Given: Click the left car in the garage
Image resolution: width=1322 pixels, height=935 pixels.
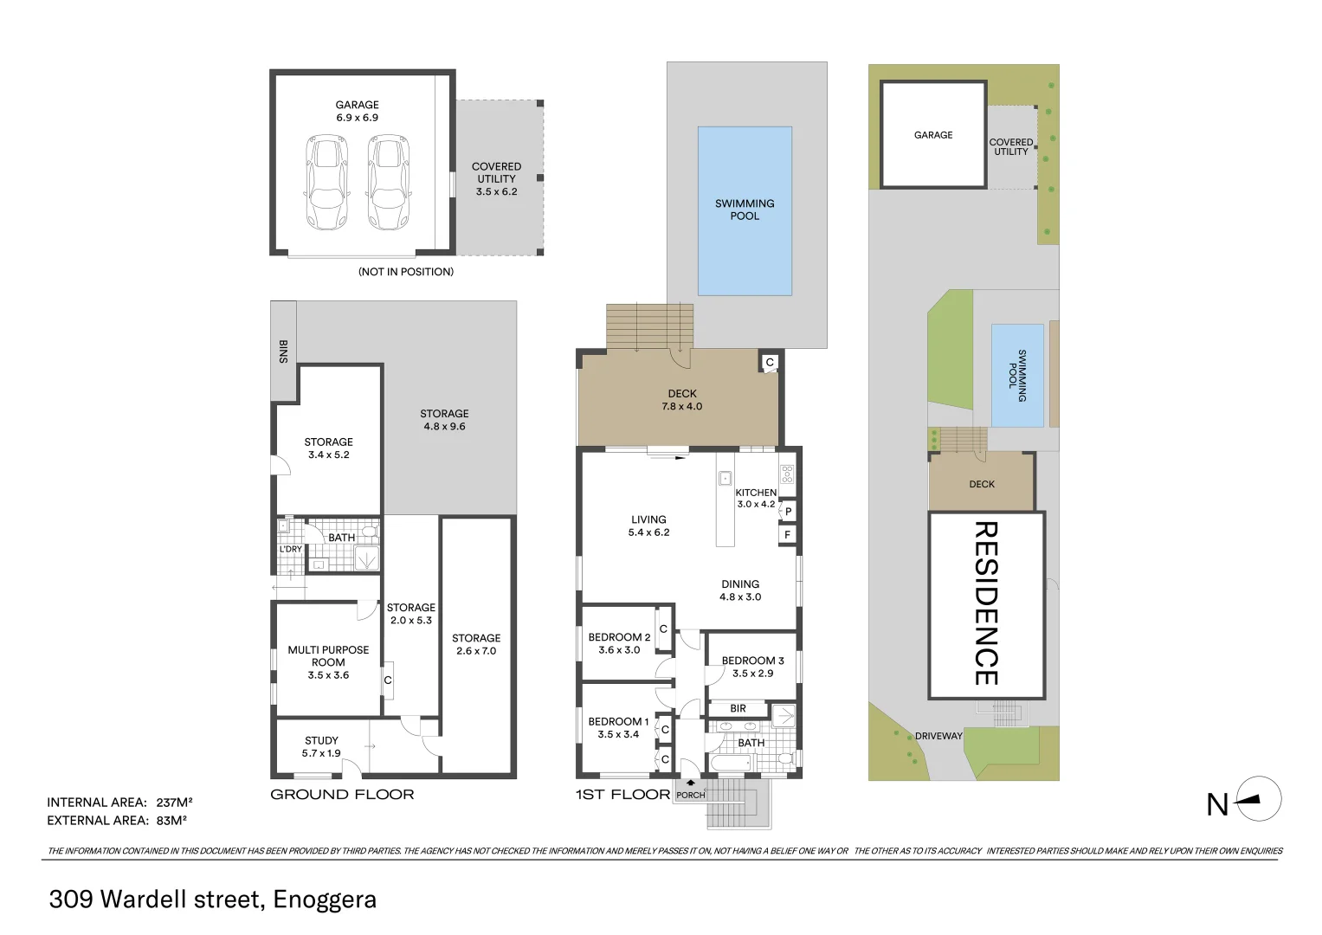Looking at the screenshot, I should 327,182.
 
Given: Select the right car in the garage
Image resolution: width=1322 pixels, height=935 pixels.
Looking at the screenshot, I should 387,182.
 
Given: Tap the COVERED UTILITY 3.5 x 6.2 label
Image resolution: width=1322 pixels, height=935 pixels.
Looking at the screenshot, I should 496,179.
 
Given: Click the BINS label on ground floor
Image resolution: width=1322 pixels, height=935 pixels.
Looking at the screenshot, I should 283,351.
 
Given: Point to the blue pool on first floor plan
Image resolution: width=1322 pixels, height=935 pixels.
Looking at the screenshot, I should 745,211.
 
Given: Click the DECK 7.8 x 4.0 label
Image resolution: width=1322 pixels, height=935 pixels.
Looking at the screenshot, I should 682,400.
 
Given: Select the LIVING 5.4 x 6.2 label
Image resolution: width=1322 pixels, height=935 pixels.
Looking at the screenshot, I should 648,526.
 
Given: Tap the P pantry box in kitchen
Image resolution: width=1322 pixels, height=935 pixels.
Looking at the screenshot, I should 788,512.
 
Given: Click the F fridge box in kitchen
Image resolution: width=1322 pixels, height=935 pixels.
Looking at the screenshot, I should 787,535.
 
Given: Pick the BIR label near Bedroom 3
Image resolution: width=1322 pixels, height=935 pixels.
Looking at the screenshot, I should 738,708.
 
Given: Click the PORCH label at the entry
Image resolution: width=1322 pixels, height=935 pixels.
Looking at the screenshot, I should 690,795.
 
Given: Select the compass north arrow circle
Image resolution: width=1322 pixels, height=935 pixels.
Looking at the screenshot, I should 1259,799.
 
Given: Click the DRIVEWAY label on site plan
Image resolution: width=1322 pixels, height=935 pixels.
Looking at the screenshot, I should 938,736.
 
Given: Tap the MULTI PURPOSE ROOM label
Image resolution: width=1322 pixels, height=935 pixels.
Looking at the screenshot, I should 328,662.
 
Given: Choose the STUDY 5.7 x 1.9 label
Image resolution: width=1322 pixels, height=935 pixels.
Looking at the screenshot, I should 321,747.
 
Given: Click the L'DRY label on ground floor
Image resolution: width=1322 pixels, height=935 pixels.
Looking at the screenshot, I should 291,549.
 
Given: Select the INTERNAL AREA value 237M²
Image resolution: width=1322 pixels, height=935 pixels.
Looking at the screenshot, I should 174,803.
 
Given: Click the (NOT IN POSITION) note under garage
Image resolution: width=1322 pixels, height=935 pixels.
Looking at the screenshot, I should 406,272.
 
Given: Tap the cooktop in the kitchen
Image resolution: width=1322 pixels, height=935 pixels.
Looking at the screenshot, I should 786,474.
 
